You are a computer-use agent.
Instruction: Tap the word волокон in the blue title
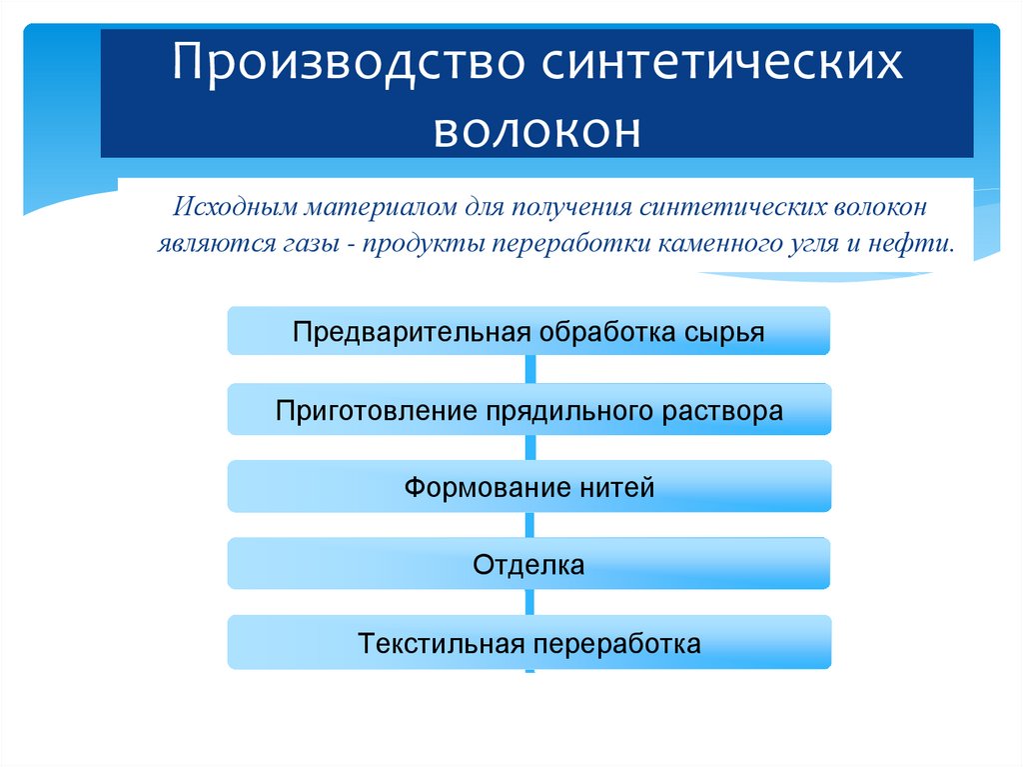[536, 130]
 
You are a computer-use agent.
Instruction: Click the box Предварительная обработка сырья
[528, 331]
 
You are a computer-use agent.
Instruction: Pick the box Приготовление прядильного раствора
[528, 410]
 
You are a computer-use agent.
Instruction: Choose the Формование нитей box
[528, 488]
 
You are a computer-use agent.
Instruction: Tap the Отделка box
[528, 565]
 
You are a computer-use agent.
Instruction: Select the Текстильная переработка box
[528, 643]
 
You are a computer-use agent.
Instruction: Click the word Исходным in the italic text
[236, 208]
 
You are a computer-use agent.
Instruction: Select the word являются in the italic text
[203, 243]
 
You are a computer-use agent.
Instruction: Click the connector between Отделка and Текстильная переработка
[528, 602]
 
